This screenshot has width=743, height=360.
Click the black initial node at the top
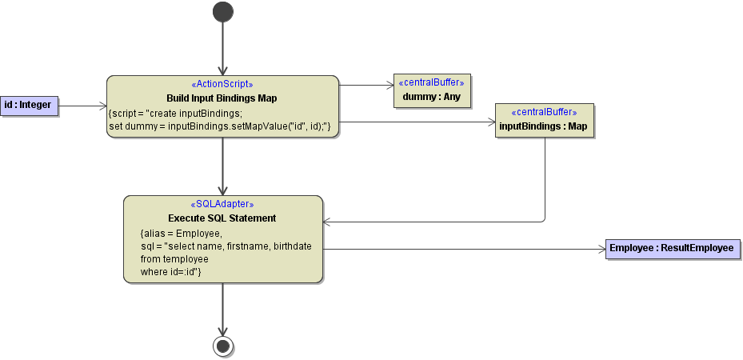pyautogui.click(x=223, y=11)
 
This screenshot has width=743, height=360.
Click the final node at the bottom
pyautogui.click(x=223, y=346)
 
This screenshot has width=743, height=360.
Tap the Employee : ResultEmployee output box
pyautogui.click(x=672, y=249)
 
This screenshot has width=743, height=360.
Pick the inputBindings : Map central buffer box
pyautogui.click(x=544, y=121)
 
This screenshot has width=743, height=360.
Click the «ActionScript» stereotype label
pyautogui.click(x=222, y=84)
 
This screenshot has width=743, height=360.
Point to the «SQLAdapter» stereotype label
pyautogui.click(x=222, y=204)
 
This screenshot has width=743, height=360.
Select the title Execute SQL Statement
pyautogui.click(x=222, y=218)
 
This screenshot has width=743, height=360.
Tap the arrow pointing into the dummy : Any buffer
pyautogui.click(x=366, y=84)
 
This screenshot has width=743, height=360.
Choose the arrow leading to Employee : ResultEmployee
pyautogui.click(x=464, y=249)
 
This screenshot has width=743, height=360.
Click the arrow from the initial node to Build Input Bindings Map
pyautogui.click(x=223, y=48)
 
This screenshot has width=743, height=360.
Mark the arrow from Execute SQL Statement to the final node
pyautogui.click(x=223, y=309)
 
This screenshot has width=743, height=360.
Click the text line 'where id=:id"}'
pyautogui.click(x=170, y=272)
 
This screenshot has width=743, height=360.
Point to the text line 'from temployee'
pyautogui.click(x=174, y=259)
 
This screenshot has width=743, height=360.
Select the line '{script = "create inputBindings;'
pyautogui.click(x=175, y=114)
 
